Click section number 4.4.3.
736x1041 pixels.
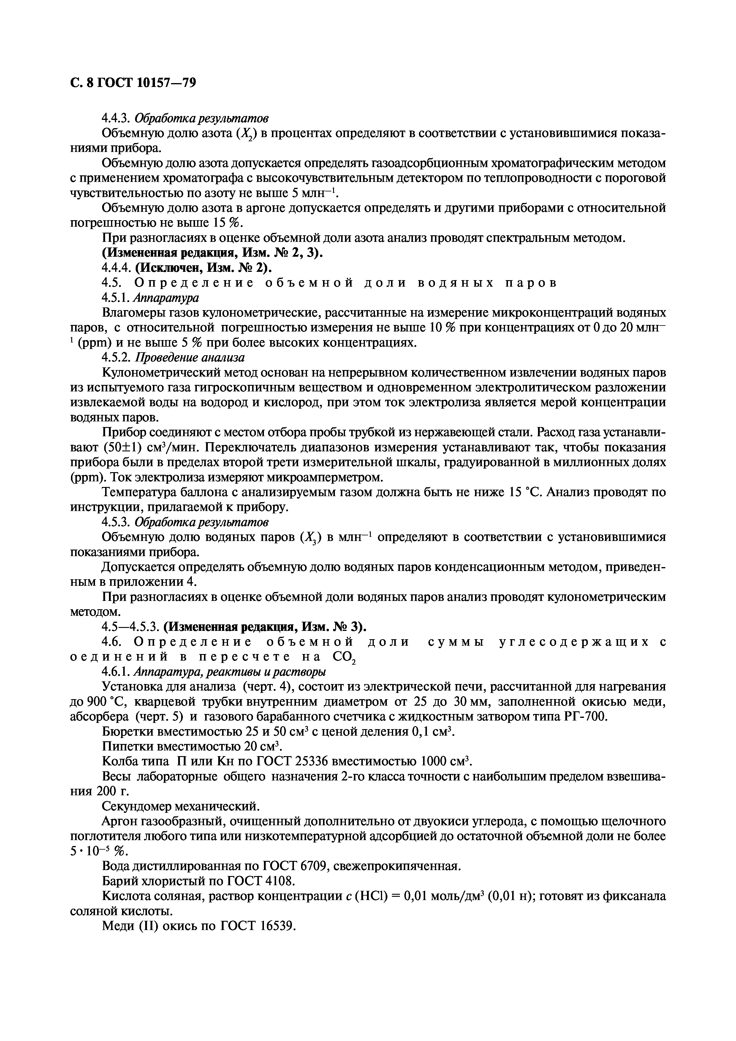(117, 118)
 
